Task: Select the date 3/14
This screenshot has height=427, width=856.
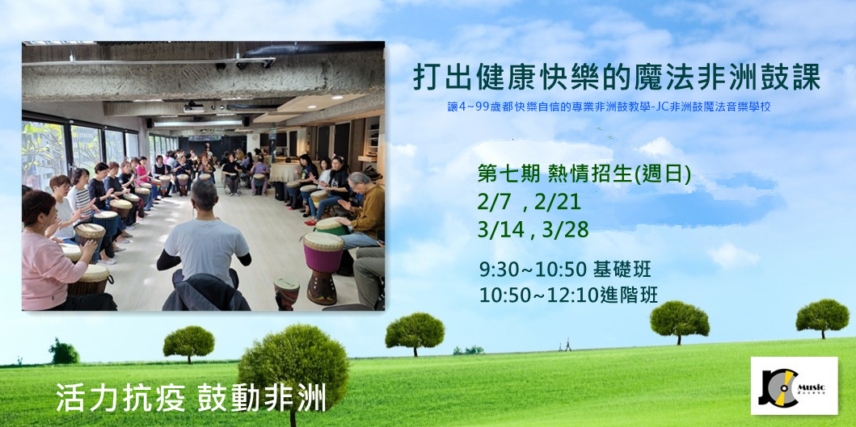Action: click(x=496, y=230)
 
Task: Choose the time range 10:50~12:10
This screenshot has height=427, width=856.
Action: click(x=537, y=295)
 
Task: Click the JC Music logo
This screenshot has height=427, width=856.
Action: click(x=794, y=385)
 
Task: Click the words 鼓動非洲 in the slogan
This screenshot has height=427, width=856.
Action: click(x=261, y=398)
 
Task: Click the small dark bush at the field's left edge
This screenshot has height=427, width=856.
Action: click(x=64, y=352)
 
